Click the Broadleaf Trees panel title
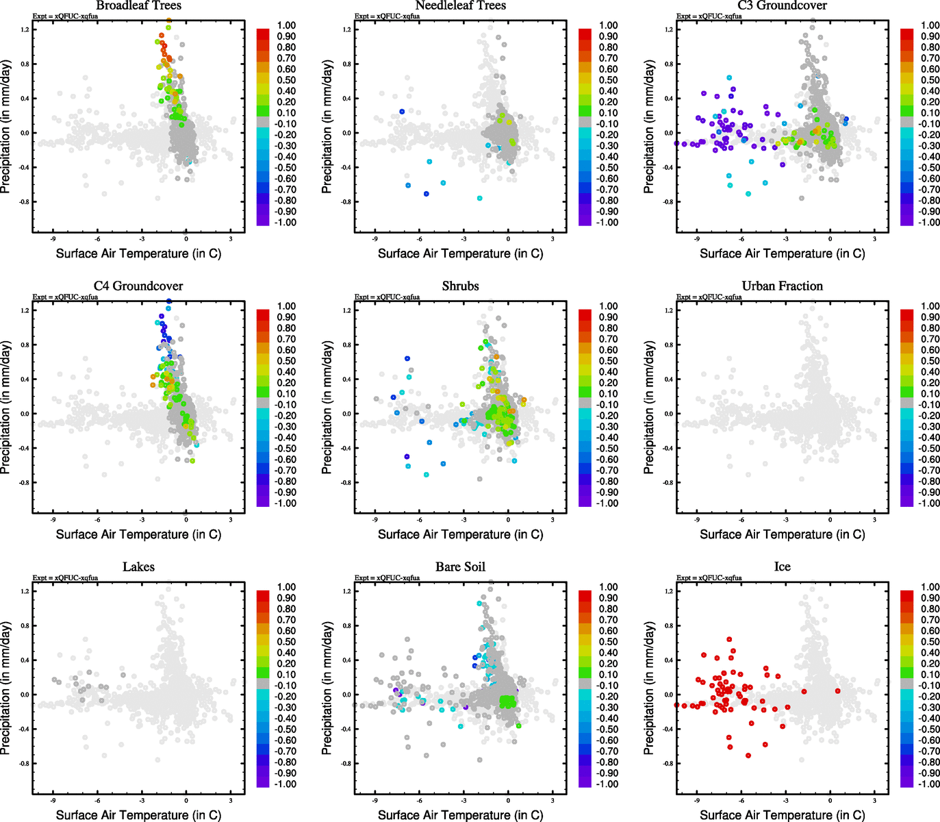138,5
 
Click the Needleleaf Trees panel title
460,5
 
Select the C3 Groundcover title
782,5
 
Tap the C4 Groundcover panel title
138,286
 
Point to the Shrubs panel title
460,286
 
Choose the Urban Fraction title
782,286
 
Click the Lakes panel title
138,566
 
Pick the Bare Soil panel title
460,566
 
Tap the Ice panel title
782,566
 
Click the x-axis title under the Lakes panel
138,814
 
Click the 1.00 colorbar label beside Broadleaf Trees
286,25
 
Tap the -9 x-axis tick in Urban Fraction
697,520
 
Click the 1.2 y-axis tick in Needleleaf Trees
346,29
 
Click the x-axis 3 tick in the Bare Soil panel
552,801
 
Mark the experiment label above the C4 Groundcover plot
65,297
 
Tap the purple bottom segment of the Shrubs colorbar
585,501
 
